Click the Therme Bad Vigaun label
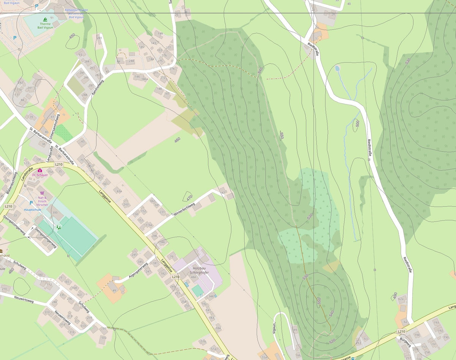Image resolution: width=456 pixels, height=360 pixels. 45,26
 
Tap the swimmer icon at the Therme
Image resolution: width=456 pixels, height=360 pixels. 45,19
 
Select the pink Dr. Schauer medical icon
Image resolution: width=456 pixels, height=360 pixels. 40,171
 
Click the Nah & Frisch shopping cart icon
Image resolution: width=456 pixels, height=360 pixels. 42,193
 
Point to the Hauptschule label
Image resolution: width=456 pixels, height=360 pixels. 32,210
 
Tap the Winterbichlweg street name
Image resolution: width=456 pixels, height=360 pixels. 184,209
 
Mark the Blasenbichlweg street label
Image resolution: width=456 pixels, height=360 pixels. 12,183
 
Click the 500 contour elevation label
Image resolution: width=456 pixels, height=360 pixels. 357,123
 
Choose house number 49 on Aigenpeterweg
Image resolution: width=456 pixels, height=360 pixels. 114,291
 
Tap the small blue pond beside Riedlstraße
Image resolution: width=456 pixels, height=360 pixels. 337,68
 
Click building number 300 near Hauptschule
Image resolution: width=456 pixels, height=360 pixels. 55,213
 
